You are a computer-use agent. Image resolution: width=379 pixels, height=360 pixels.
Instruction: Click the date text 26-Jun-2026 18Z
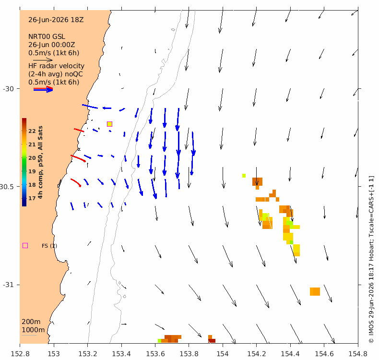pos(56,20)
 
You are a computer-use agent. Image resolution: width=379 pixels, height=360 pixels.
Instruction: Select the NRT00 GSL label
pos(47,37)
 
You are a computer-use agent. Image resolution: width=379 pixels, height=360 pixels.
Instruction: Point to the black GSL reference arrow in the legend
pos(43,60)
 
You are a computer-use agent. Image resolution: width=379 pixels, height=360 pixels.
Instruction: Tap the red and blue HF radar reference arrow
pos(43,89)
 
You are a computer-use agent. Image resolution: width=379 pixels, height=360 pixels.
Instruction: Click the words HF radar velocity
pos(56,66)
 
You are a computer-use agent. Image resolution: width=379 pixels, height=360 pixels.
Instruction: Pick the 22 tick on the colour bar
pos(32,131)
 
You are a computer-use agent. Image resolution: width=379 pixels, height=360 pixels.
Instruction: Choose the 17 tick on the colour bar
pos(32,198)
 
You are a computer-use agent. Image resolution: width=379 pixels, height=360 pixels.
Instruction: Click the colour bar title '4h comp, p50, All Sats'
pos(40,162)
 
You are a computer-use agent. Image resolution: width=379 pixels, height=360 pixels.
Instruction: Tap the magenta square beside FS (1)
pos(25,246)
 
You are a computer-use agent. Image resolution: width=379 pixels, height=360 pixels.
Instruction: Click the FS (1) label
pos(49,246)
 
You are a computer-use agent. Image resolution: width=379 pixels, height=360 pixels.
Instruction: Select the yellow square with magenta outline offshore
pos(109,124)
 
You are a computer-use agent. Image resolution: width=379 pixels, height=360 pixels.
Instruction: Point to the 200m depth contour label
pos(31,322)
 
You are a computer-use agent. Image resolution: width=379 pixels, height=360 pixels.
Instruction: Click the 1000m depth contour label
pos(33,330)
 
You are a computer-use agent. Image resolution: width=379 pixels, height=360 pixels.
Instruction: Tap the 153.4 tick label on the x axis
pos(121,354)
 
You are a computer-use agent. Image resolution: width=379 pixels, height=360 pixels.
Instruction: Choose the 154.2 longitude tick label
pos(257,354)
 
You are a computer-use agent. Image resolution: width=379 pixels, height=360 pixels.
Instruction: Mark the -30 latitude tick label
pos(9,89)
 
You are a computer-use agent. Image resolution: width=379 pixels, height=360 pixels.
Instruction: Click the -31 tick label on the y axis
pos(9,285)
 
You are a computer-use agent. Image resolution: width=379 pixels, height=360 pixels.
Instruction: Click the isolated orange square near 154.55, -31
pos(315,291)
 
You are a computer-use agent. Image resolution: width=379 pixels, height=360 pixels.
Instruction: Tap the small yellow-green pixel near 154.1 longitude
pos(244,176)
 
